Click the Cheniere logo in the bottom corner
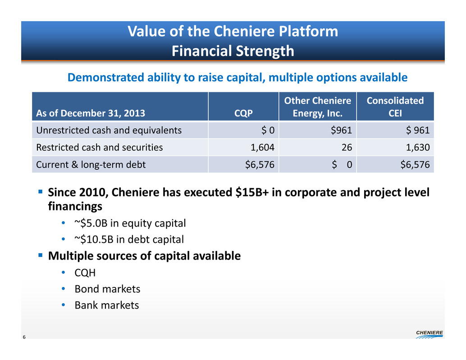click(429, 334)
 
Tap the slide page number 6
click(24, 337)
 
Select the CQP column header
click(243, 113)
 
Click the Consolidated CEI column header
click(395, 107)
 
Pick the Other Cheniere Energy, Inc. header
click(317, 107)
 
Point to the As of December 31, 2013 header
click(91, 113)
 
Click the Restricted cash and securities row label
click(99, 147)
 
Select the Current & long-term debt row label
click(91, 164)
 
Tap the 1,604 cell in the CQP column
click(262, 147)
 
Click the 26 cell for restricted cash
click(347, 147)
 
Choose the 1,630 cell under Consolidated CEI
click(418, 147)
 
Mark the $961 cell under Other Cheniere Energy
click(342, 130)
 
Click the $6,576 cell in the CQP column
click(260, 164)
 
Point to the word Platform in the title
click(309, 31)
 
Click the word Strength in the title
click(265, 51)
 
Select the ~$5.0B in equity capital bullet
click(130, 223)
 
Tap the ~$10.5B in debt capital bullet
click(129, 239)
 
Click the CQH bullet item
click(85, 273)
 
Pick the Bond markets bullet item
click(107, 289)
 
